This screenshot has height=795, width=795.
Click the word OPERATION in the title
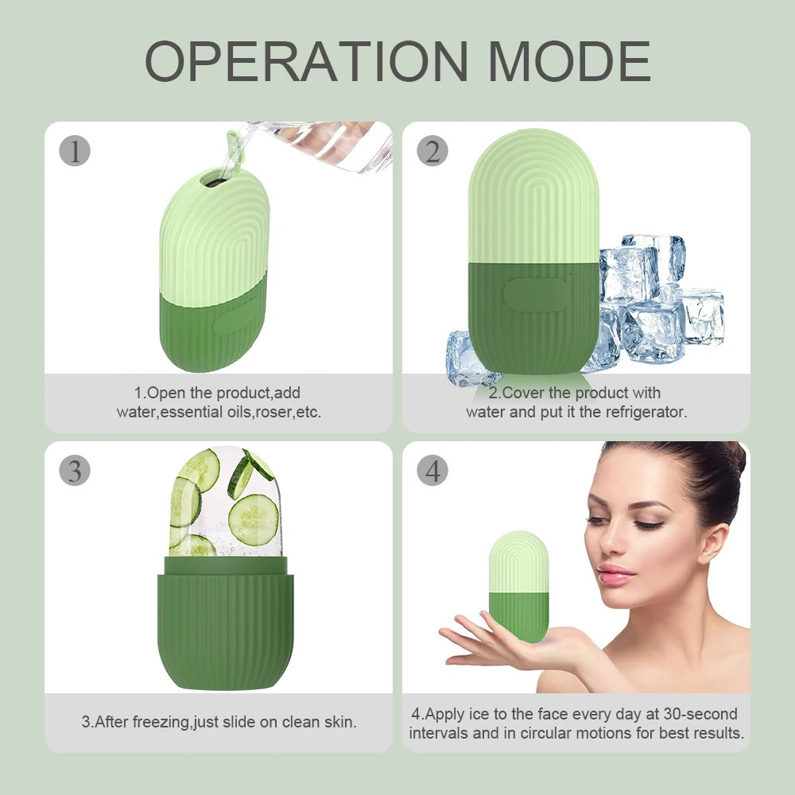tap(307, 60)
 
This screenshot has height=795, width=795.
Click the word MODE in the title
tap(569, 60)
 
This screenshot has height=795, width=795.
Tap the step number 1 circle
tap(76, 150)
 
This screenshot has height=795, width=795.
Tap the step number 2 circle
tap(432, 150)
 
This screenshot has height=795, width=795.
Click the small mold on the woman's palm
tap(518, 586)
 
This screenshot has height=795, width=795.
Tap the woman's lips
tap(616, 575)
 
